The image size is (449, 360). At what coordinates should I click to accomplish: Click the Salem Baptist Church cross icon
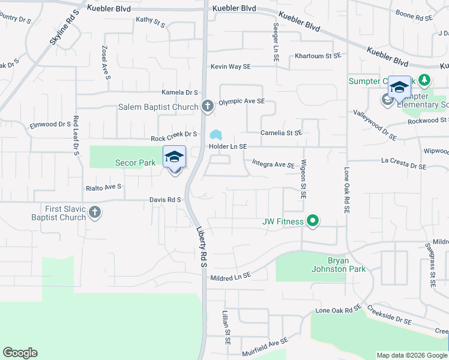point(208,106)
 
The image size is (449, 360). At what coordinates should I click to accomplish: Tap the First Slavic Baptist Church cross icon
point(94,212)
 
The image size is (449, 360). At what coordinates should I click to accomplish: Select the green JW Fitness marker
point(312,221)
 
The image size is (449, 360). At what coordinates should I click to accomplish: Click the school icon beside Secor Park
point(174,157)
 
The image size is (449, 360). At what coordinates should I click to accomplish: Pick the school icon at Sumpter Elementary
point(399,87)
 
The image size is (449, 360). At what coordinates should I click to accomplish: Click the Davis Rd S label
point(166,200)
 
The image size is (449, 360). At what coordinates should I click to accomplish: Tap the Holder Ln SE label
point(228,146)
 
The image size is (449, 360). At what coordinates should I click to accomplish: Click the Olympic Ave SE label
point(241,102)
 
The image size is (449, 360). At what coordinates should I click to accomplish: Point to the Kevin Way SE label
point(230,67)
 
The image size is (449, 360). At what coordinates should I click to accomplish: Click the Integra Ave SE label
point(273,163)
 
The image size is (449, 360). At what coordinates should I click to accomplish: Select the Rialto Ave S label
point(104,187)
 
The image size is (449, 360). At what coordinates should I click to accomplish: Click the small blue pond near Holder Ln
point(215,134)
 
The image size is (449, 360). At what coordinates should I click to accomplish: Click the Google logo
point(20,353)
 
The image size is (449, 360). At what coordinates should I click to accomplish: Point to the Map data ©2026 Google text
point(411,355)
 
